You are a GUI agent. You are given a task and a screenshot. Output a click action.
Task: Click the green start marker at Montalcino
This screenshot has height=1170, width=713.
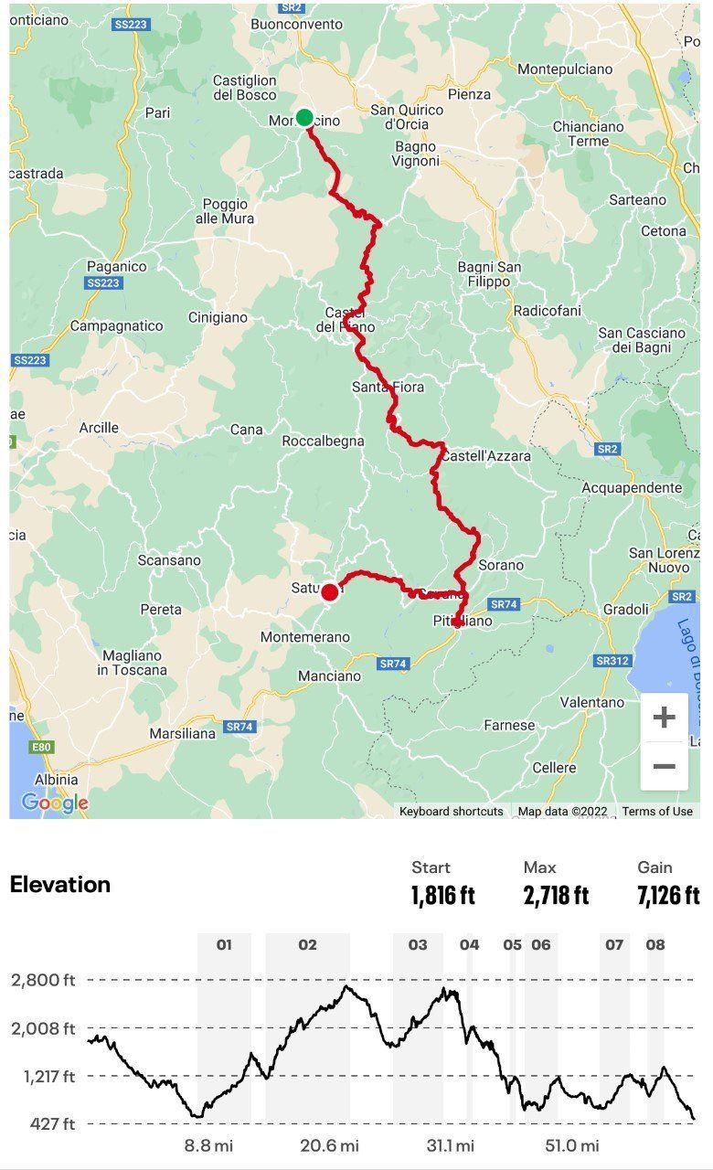(x=304, y=118)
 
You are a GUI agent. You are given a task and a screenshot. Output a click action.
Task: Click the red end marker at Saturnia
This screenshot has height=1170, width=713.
(x=329, y=591)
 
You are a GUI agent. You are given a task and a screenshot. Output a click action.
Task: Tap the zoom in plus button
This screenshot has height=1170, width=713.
(x=664, y=718)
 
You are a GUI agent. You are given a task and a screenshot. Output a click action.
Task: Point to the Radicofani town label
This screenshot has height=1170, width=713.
(x=547, y=311)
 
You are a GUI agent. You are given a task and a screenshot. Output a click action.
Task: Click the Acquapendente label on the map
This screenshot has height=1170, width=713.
(x=632, y=488)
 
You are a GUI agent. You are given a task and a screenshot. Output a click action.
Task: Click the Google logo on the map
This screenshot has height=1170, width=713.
(x=55, y=803)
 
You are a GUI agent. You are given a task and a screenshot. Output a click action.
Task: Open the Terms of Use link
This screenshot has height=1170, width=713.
(x=657, y=812)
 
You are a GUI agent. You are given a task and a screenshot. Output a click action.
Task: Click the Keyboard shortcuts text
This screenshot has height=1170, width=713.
(x=451, y=812)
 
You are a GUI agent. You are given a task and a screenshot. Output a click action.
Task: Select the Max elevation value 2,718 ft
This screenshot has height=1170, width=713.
(x=556, y=895)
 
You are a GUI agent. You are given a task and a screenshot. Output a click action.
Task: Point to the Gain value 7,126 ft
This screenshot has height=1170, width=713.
(x=668, y=895)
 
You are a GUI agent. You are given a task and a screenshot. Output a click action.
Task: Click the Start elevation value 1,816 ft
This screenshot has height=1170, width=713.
(x=443, y=895)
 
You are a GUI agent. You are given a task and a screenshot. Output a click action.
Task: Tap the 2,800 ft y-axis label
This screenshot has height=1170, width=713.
(x=42, y=981)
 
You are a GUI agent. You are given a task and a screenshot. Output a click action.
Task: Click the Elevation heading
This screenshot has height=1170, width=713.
(x=60, y=885)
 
